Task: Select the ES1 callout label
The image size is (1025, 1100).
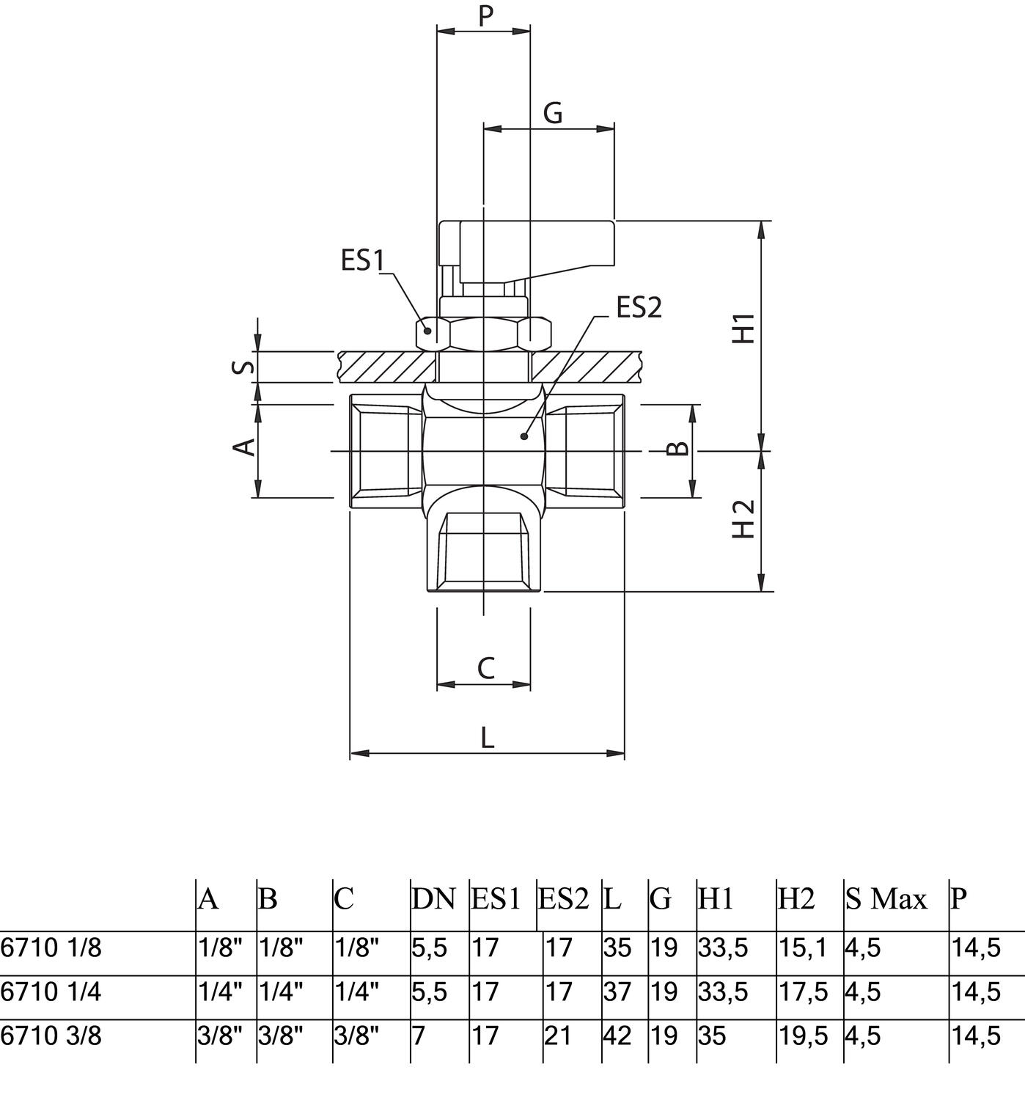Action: [x=363, y=260]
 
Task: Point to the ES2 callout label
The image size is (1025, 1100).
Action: [x=639, y=308]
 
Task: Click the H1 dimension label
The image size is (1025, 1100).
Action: [x=744, y=328]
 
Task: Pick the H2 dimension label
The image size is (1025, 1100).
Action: [x=744, y=519]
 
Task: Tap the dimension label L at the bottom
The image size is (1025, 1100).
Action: [x=487, y=738]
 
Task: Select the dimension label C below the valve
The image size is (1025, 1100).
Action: [x=485, y=668]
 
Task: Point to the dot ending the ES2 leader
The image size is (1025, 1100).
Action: [x=523, y=436]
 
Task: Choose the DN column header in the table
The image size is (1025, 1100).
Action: [x=433, y=898]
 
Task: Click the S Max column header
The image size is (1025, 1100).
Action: [x=886, y=898]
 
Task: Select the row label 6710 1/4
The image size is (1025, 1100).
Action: [x=51, y=992]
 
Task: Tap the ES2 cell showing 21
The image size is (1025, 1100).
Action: [x=558, y=1036]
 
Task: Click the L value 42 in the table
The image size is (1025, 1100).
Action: [x=617, y=1036]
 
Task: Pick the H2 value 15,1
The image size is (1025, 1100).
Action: [x=803, y=948]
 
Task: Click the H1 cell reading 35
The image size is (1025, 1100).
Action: [x=711, y=1036]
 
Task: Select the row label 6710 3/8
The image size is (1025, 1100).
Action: [x=51, y=1036]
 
